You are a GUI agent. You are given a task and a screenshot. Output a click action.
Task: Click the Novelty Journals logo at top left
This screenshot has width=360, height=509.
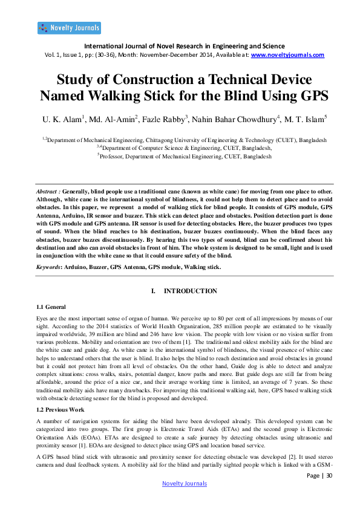[x=69, y=27]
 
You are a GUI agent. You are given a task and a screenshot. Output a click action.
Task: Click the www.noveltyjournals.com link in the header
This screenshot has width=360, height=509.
[x=287, y=54]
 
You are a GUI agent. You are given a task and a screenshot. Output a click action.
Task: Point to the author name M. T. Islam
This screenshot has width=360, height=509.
[x=305, y=120]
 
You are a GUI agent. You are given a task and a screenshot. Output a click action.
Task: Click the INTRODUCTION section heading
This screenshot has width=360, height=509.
[x=191, y=291]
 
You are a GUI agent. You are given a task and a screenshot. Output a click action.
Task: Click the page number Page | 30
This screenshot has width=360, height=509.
[x=320, y=476]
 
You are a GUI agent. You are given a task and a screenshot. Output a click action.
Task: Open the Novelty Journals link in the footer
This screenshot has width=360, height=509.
[x=185, y=483]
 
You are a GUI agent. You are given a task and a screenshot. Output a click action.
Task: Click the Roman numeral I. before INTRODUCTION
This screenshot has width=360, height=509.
[x=153, y=291]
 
